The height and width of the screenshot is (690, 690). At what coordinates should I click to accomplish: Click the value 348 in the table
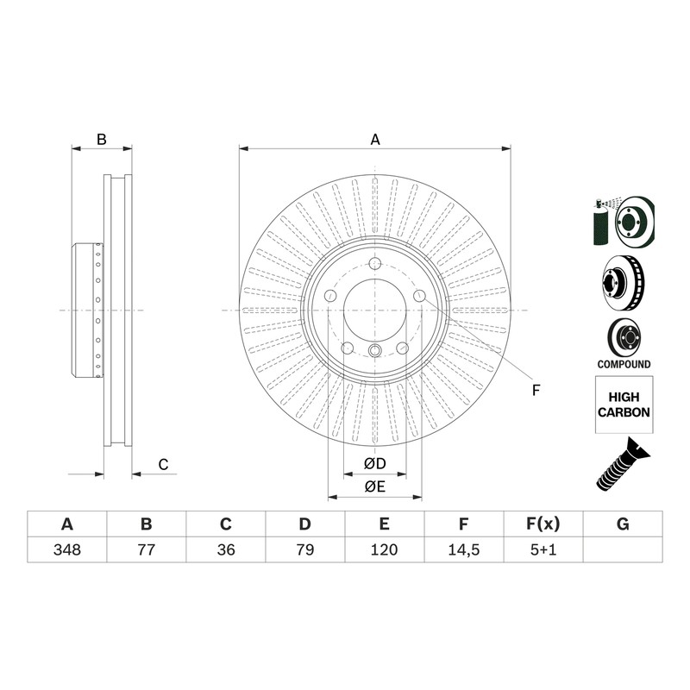67,549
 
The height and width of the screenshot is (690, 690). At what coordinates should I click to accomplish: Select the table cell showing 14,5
464,549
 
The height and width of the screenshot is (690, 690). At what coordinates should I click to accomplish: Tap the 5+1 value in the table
543,549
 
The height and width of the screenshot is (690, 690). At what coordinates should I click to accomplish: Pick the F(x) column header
543,524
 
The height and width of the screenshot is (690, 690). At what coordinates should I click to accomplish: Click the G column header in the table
623,524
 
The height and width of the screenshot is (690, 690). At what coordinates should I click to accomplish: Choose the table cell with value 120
384,549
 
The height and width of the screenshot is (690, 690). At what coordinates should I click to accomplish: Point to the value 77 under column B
147,549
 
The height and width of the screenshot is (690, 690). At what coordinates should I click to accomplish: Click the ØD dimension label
375,463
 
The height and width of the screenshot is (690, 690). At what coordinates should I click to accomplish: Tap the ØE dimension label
375,486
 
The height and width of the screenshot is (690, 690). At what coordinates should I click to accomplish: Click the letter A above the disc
375,140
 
